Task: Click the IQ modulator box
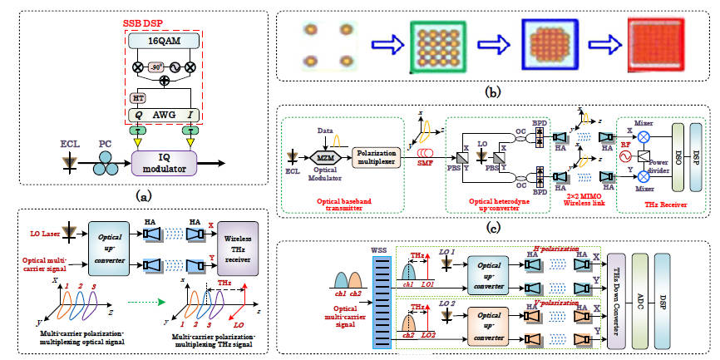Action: click(x=166, y=161)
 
